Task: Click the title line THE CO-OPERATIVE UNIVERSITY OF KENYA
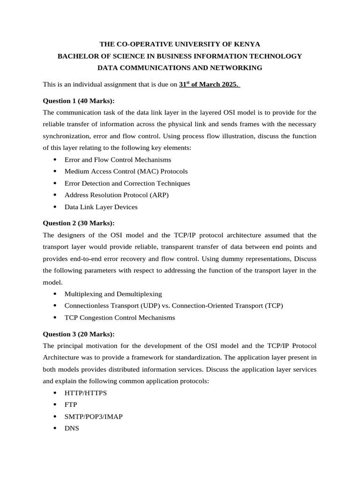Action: pyautogui.click(x=180, y=44)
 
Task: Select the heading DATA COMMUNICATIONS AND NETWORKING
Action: pyautogui.click(x=180, y=68)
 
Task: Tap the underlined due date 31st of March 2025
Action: pyautogui.click(x=209, y=85)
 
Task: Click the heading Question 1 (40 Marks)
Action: pyautogui.click(x=78, y=101)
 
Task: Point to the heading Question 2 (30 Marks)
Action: pyautogui.click(x=78, y=223)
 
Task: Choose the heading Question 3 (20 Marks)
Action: pyautogui.click(x=78, y=334)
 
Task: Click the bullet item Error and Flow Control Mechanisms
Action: pyautogui.click(x=118, y=160)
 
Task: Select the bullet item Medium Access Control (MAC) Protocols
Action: pyautogui.click(x=126, y=172)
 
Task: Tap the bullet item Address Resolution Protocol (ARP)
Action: pyautogui.click(x=116, y=195)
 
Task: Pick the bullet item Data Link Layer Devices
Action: pyautogui.click(x=101, y=207)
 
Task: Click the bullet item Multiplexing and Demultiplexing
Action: pyautogui.click(x=113, y=294)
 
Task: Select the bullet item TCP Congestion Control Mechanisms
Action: pyautogui.click(x=120, y=317)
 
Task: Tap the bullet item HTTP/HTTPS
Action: pyautogui.click(x=85, y=393)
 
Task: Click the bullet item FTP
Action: pyautogui.click(x=71, y=405)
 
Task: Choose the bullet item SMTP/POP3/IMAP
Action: pyautogui.click(x=93, y=416)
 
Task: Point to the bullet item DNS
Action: pyautogui.click(x=72, y=428)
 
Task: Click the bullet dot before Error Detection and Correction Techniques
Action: pyautogui.click(x=55, y=183)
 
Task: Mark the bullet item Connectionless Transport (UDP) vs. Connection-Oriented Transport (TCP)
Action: pyautogui.click(x=173, y=306)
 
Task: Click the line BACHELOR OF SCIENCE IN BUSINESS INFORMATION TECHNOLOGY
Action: pyautogui.click(x=180, y=56)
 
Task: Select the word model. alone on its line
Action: pyautogui.click(x=52, y=282)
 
